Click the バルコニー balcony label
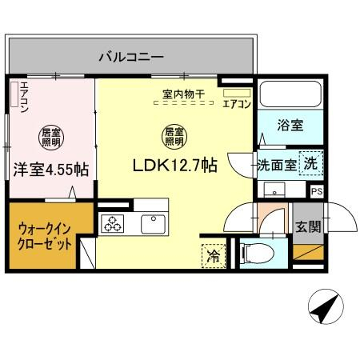[131, 57]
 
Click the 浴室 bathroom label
[290, 126]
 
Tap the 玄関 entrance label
[306, 226]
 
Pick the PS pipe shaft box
[318, 192]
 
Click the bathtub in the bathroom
[290, 96]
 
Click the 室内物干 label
[183, 94]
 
